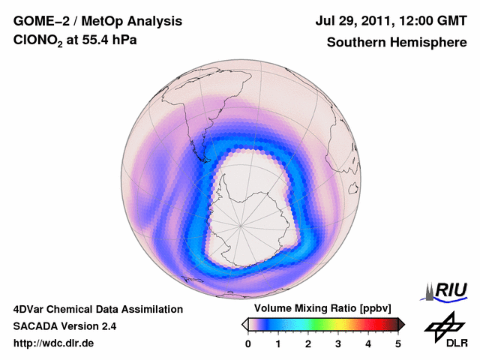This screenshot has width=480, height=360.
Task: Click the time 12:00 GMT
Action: click(433, 22)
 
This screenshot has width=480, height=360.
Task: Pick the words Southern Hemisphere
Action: click(396, 42)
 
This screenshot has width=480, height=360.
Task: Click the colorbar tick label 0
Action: click(248, 343)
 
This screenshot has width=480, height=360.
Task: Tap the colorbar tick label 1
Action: click(278, 343)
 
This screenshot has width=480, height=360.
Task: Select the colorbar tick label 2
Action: click(308, 343)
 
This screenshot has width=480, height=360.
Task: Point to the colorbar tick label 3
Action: click(338, 343)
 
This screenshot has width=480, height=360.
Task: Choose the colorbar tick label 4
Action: click(368, 343)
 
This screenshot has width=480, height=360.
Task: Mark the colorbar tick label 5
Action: click(398, 343)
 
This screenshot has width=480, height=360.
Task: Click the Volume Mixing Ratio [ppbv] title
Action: click(319, 308)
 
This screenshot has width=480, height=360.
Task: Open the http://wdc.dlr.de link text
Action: click(54, 343)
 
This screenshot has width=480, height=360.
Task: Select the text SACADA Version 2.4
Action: click(64, 326)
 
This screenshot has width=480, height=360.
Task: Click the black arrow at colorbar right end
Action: click(401, 324)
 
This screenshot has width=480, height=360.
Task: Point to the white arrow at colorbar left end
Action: click(245, 324)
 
